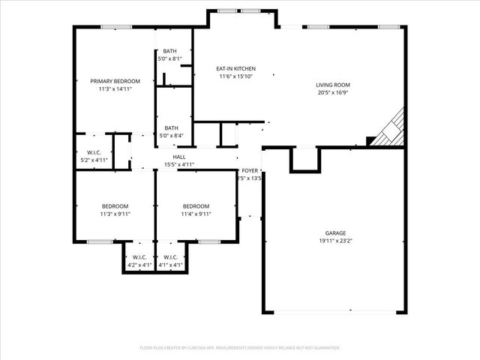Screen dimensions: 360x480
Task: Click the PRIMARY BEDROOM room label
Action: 115,81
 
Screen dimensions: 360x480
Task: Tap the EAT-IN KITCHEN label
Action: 237,68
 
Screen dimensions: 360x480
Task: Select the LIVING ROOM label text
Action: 332,85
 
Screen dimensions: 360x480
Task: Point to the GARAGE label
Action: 335,233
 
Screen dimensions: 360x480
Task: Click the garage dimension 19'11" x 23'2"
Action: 335,241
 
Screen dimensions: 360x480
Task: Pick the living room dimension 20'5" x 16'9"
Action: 332,94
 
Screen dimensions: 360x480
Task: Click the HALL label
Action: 179,157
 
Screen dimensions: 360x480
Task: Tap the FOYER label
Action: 250,170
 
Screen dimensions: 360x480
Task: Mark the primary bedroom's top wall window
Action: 113,28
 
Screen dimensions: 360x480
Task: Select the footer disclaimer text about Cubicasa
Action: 240,348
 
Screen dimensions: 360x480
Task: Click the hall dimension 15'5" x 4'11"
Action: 179,164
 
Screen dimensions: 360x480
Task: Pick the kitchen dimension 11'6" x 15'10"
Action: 237,76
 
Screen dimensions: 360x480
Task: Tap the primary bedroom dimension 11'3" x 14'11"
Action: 115,89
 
